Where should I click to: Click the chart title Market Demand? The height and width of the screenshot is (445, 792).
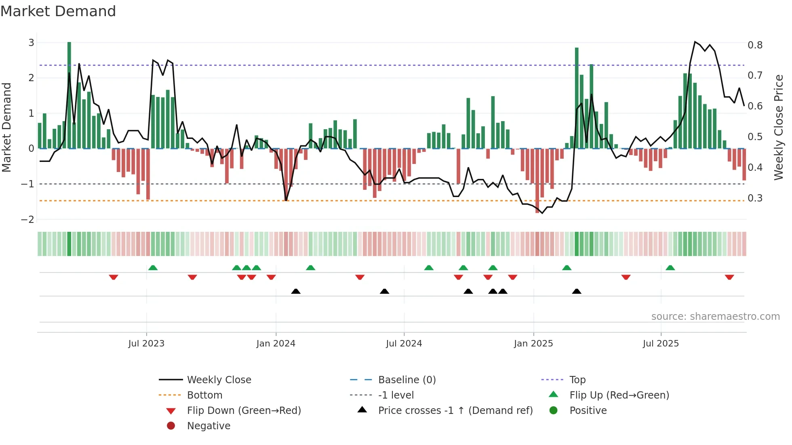pos(58,11)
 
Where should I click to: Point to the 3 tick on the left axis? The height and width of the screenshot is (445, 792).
pos(31,42)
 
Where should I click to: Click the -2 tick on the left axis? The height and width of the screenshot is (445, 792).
pos(28,219)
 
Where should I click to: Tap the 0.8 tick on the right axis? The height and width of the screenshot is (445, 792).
pos(755,45)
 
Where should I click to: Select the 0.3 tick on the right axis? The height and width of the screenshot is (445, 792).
pos(755,198)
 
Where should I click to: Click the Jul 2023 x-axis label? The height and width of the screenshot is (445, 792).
pos(146,344)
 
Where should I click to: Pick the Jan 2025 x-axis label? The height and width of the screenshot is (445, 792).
pos(533,344)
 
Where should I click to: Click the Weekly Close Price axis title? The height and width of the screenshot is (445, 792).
pos(778,127)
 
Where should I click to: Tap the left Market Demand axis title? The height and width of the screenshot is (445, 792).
pos(7,127)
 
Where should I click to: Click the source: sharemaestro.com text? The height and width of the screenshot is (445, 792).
pos(715,317)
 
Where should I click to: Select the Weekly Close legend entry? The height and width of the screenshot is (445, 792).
pos(219,380)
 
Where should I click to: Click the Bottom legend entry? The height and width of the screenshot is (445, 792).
pos(204,395)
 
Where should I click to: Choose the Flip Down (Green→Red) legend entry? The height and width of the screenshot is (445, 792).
pos(244,411)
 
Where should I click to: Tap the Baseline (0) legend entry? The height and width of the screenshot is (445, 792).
pos(407,380)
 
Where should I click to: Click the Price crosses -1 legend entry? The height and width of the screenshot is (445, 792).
pos(455,411)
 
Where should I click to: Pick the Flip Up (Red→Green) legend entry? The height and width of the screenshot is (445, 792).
pos(619,395)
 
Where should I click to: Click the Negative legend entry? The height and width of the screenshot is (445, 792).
pos(209,426)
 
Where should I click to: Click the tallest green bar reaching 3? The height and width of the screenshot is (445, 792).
pos(69,95)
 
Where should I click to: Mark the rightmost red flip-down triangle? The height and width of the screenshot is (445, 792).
pos(729,277)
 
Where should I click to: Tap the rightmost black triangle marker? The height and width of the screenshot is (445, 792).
pos(577,291)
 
